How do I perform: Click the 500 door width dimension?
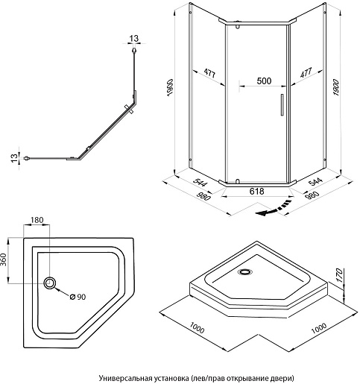pos(264,81)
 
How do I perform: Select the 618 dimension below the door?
pos(256,191)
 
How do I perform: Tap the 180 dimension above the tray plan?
pos(37,220)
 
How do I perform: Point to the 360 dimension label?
pos(4,259)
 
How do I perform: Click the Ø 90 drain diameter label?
pos(78,297)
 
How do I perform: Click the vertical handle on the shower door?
pos(282,104)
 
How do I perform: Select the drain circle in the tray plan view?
pos(50,283)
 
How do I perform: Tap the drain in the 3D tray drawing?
pos(245,271)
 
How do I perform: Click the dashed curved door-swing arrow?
pos(274,207)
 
